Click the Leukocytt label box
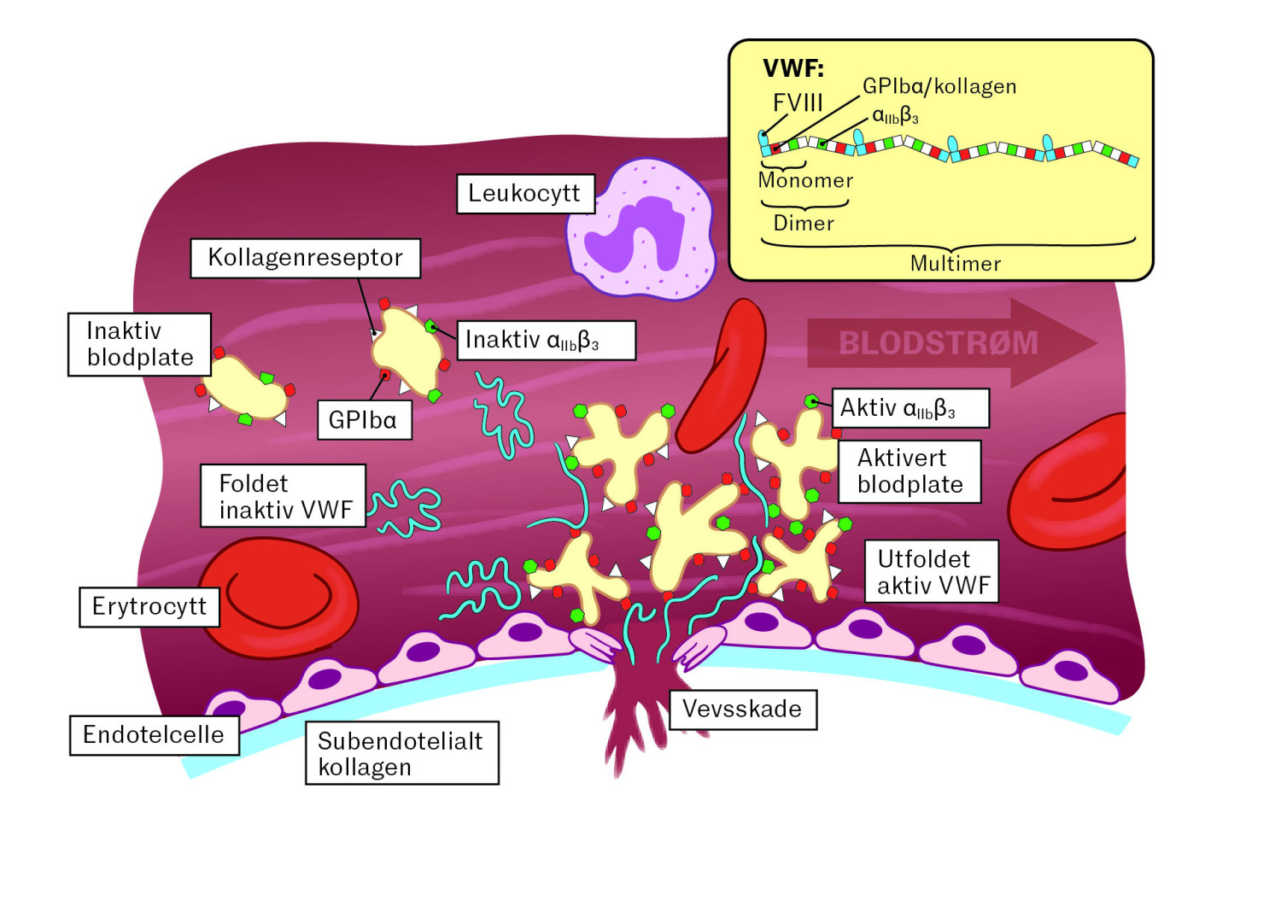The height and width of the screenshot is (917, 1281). click(526, 194)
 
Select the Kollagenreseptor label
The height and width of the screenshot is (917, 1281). click(306, 259)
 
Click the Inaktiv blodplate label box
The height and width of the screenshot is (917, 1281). click(139, 344)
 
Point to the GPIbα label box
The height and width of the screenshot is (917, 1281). click(365, 419)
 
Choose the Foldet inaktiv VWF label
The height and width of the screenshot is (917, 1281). click(283, 496)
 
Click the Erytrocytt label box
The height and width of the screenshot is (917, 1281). click(149, 607)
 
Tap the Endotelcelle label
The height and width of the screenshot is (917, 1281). click(155, 735)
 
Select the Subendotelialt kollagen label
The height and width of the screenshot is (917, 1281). click(402, 753)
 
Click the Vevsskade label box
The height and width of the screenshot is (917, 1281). click(743, 710)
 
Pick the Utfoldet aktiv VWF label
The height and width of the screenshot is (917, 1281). click(932, 571)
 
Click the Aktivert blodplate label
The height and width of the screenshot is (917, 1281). click(910, 471)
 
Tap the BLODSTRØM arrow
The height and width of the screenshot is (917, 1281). click(951, 343)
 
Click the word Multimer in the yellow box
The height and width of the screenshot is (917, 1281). click(955, 264)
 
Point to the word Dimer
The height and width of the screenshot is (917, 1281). click(804, 223)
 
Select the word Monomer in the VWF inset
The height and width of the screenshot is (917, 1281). click(805, 181)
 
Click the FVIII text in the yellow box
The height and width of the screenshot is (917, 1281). click(798, 103)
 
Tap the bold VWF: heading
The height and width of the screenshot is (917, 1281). click(793, 69)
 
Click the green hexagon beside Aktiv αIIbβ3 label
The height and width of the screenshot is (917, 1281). click(811, 401)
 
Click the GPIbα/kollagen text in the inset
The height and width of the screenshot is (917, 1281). click(939, 86)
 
